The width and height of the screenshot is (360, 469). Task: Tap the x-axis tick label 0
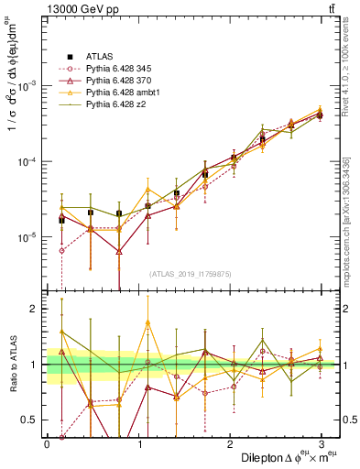tap(47, 443)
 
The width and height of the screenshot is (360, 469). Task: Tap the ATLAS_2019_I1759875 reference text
tap(189, 272)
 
